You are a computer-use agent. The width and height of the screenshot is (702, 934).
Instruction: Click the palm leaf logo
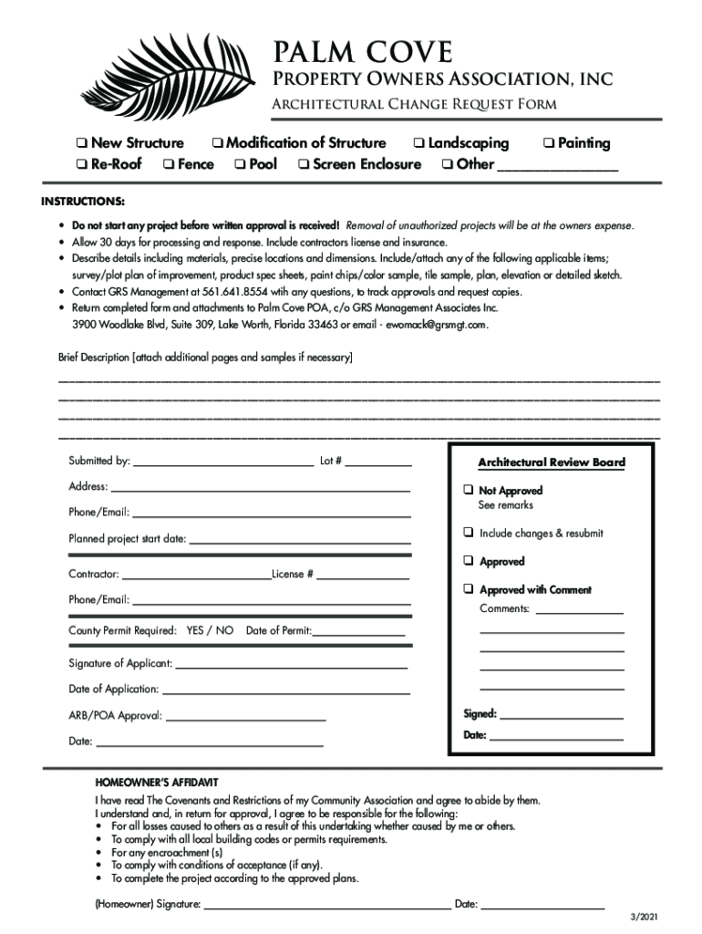(x=155, y=79)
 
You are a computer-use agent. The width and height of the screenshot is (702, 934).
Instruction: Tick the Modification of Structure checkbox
(x=217, y=143)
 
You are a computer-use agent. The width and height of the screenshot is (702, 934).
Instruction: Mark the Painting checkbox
(x=548, y=143)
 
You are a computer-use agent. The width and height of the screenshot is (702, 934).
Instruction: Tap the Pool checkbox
(x=239, y=165)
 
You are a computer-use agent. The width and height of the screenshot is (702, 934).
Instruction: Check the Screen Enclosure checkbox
(x=303, y=165)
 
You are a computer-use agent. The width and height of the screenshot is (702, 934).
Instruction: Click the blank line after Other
(x=558, y=168)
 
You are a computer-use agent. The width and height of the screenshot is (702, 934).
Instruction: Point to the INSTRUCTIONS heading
(x=83, y=201)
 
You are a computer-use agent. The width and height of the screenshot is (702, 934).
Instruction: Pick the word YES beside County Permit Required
(x=196, y=630)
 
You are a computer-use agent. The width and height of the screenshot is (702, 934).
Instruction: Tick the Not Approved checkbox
(x=467, y=490)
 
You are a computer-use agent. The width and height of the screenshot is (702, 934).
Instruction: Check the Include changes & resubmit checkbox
(x=467, y=533)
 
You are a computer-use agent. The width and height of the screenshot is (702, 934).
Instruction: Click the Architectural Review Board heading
(x=552, y=462)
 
